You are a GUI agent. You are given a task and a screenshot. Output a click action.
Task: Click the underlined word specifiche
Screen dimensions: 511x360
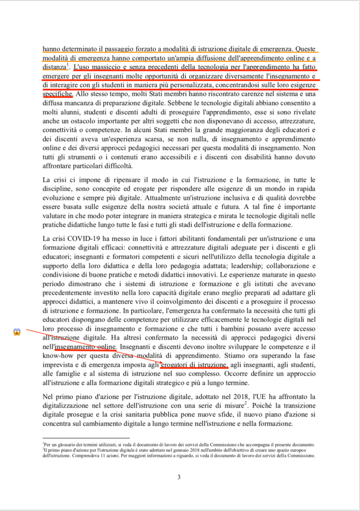point(57,93)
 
